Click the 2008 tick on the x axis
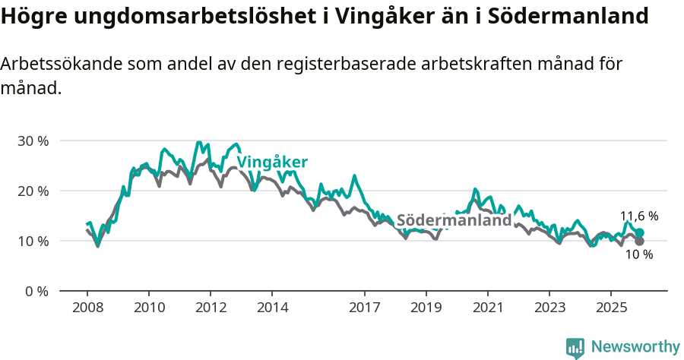tap(87, 308)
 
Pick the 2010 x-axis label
tap(149, 308)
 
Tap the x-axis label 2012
tap(211, 308)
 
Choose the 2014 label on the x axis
tap(272, 308)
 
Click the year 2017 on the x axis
tap(365, 308)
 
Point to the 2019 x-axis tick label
tap(426, 308)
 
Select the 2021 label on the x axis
tap(488, 308)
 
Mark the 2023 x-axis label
tap(549, 308)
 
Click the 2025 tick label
tap(611, 308)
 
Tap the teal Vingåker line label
tap(272, 162)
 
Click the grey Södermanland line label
tap(454, 220)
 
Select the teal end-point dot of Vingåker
tap(639, 233)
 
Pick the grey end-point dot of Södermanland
tap(639, 242)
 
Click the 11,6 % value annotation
tap(639, 216)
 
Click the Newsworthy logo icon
tap(575, 348)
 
